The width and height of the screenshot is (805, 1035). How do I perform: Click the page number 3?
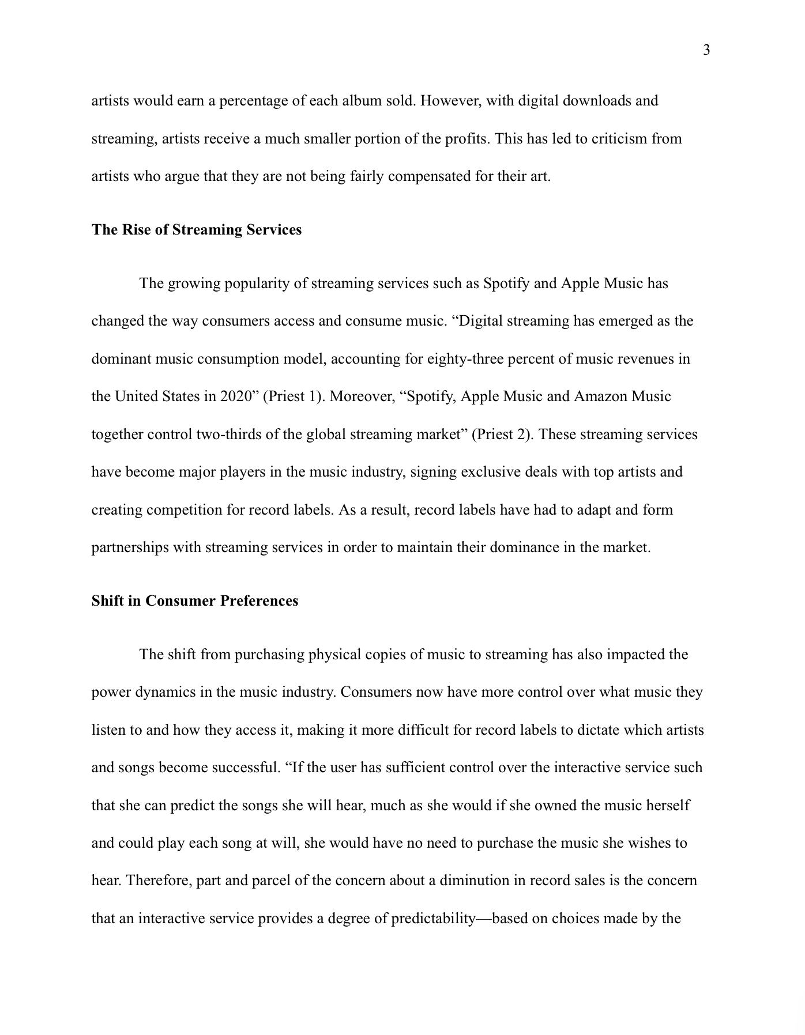pyautogui.click(x=706, y=51)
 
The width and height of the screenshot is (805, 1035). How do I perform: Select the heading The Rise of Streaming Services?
pyautogui.click(x=196, y=230)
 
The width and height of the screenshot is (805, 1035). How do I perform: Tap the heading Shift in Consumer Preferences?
pyautogui.click(x=194, y=601)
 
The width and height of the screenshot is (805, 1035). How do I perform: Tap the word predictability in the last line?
pyautogui.click(x=432, y=919)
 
